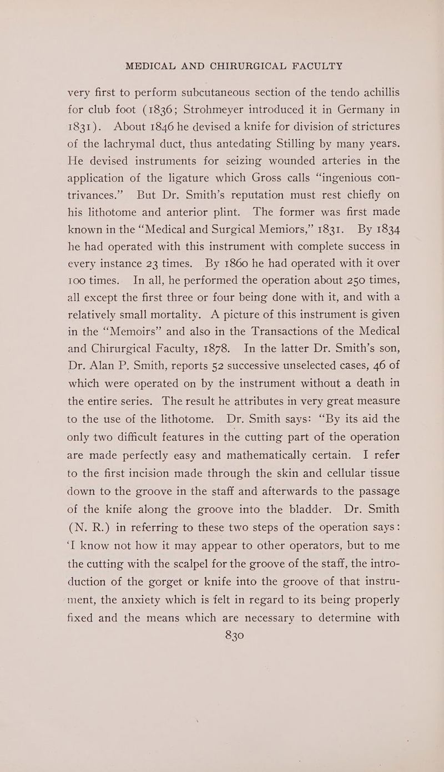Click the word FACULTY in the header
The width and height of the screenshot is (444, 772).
pos(299,66)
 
